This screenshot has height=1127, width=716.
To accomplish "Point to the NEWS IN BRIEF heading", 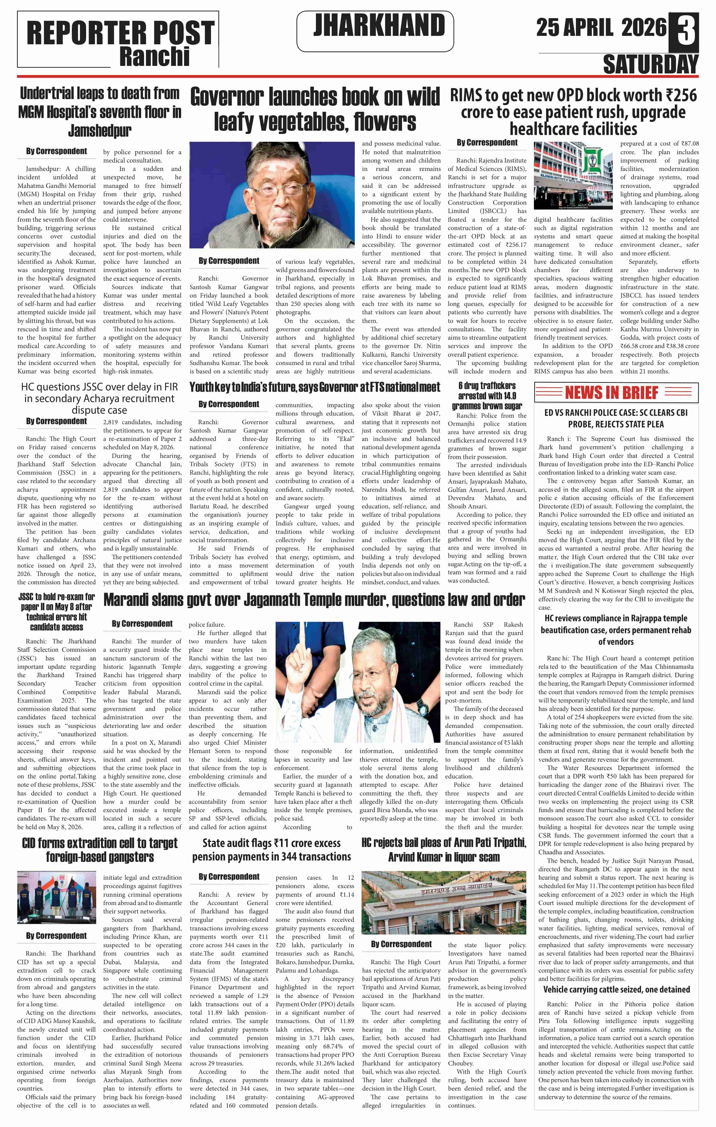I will click(612, 392).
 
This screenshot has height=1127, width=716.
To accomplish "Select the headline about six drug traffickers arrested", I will click(487, 396).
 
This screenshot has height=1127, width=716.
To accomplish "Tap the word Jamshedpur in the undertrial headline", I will click(100, 131).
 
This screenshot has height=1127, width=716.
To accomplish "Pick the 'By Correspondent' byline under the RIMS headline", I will click(487, 142).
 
